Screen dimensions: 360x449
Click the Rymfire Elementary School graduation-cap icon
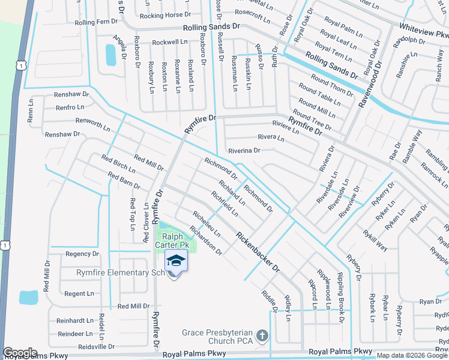point(176,261)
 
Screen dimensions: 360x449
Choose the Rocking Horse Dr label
point(165,16)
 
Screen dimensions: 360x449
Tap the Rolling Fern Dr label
point(96,22)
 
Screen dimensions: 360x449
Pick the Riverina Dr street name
point(243,151)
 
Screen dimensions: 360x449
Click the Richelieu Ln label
point(206,223)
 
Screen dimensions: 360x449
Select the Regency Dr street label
point(82,254)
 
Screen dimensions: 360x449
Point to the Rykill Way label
point(375,240)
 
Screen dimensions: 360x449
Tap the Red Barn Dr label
point(124,181)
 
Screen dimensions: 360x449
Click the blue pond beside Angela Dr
point(110,55)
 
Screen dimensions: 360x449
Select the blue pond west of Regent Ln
point(28,297)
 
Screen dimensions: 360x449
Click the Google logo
point(19,353)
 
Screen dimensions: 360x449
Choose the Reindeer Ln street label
point(75,334)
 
